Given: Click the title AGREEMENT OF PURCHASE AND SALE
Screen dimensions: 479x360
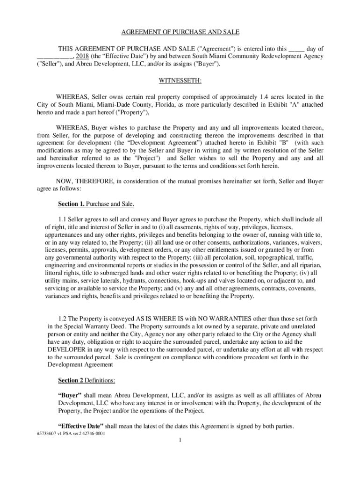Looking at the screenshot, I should pos(180,32).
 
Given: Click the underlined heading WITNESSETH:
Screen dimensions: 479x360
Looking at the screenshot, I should pos(180,80).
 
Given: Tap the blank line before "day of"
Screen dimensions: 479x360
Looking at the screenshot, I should pos(297,48).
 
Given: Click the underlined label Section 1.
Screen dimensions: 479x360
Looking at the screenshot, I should pos(70,204).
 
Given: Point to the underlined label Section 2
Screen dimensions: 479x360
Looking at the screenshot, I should pos(71,379).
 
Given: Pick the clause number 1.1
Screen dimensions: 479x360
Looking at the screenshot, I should pos(63,219).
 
